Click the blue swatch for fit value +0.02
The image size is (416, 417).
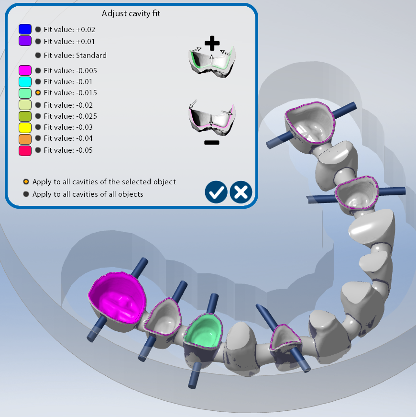25,29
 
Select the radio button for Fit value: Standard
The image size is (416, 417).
38,56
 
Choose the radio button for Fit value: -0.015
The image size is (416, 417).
38,92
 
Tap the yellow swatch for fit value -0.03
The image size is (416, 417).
25,128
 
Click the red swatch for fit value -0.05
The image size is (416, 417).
25,151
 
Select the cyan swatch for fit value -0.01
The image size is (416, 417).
25,82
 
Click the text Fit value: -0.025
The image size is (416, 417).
70,116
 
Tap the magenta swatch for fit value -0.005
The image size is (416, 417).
25,70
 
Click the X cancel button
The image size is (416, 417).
241,192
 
